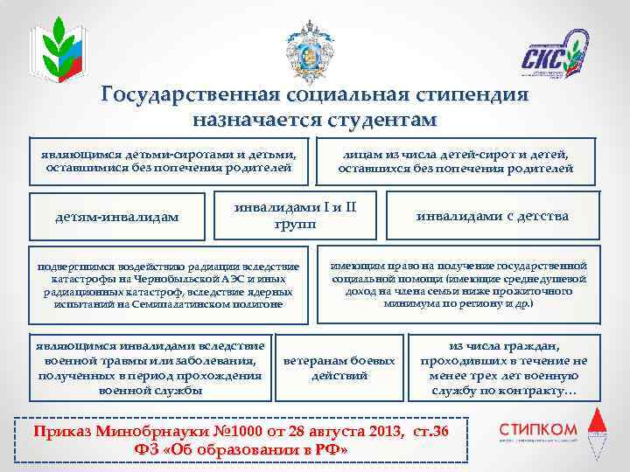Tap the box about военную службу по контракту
coord(505,368)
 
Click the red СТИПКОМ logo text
coord(538,428)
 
